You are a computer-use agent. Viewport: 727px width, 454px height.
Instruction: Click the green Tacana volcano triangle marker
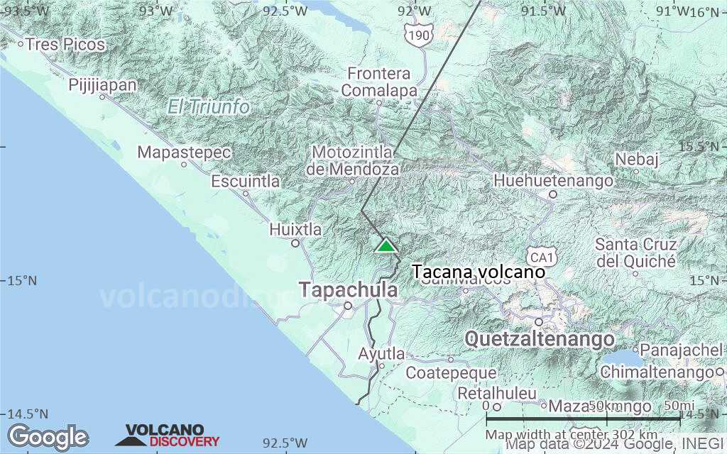386,245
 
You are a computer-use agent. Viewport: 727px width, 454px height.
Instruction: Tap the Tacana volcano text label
479,272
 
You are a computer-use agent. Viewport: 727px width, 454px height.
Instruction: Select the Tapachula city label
347,290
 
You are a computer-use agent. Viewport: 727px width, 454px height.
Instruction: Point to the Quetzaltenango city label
540,338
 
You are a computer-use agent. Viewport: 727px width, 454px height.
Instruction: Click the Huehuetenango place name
554,181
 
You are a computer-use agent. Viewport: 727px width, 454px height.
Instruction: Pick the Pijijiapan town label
102,85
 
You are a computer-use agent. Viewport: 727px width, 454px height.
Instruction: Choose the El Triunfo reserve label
209,107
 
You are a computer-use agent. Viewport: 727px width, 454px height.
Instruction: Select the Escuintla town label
246,182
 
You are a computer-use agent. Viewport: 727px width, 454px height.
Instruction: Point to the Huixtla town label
295,230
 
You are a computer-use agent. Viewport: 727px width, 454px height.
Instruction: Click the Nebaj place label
638,159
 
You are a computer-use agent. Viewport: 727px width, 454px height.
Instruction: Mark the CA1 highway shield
539,255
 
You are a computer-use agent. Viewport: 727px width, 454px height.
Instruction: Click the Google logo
48,436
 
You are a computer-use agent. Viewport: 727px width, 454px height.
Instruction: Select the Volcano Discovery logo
168,436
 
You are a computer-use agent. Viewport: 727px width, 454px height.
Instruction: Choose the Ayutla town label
381,354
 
